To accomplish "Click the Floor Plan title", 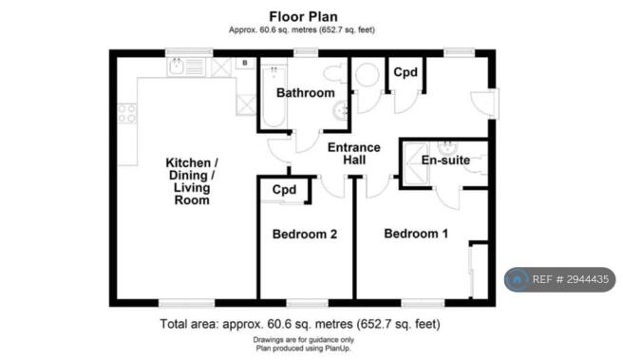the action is point(304,17).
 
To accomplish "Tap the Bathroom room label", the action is point(306,93).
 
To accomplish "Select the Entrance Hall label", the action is point(354,154).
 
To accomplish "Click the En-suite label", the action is point(445,161).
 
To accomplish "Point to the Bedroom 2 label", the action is point(305,235).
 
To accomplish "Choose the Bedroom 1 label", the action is point(416,234).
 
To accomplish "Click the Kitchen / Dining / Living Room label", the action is point(192,181).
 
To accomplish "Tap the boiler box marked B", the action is point(245,64).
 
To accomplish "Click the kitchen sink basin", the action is point(176,66).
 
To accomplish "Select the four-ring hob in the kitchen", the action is point(127,113).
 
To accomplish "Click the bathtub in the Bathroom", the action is point(274,97).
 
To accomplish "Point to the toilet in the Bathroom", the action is point(334,74).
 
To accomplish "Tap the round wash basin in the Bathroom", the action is point(341,110).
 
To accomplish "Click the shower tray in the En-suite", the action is point(416,163).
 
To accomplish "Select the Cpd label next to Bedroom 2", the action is point(285,190).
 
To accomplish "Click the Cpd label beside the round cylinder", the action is point(406,72).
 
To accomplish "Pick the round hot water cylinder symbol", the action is point(367,75).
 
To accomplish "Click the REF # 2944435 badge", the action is point(559,279).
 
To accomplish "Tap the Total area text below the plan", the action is point(300,324).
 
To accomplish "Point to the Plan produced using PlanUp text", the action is point(304,349).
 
